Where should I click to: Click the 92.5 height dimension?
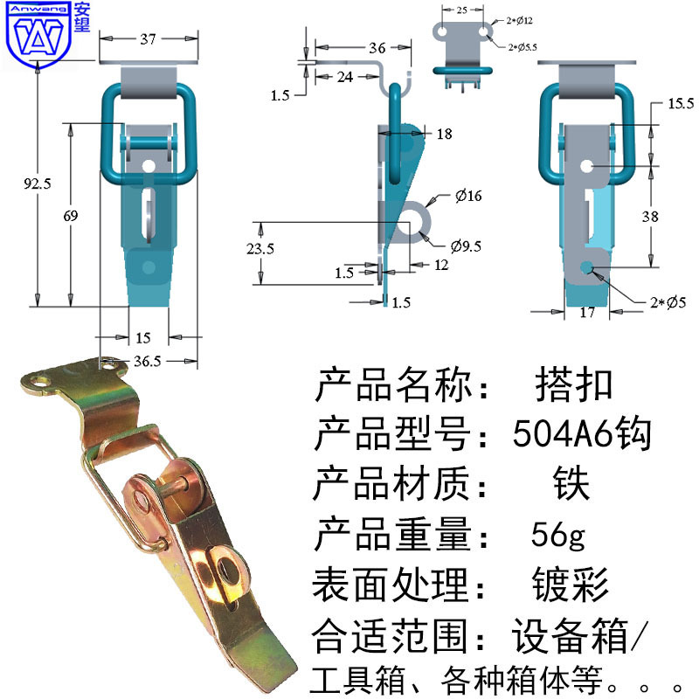38,183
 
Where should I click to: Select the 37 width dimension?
148,39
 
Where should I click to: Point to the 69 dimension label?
71,216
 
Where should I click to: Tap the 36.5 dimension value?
147,361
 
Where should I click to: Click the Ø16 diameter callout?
468,195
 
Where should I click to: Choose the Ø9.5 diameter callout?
466,246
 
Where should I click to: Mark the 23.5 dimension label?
260,248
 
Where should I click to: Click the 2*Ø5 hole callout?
668,302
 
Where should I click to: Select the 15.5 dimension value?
681,103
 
